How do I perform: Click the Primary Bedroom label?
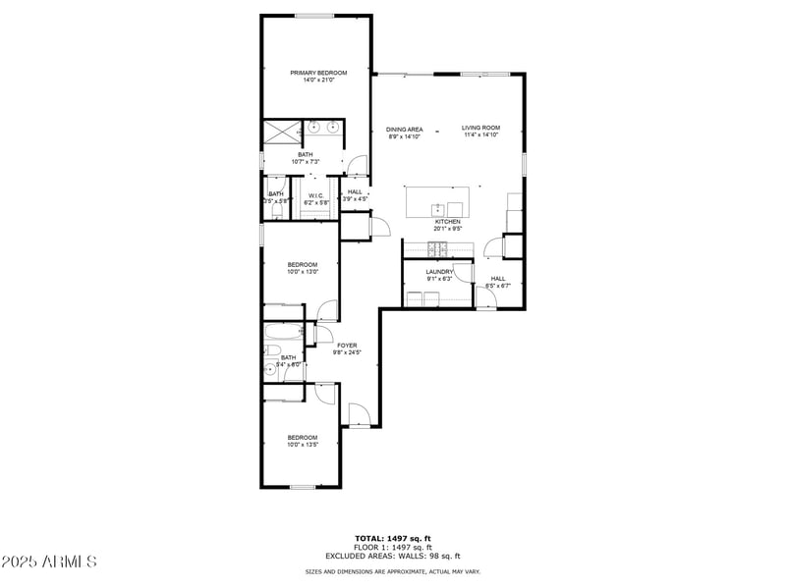[317, 73]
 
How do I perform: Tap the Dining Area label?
[404, 130]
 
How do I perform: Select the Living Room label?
[481, 128]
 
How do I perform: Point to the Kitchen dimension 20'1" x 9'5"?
[447, 229]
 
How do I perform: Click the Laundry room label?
[438, 272]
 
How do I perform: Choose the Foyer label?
[348, 345]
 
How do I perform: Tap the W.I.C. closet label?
[315, 194]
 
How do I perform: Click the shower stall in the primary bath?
[281, 129]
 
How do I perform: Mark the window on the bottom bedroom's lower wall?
[302, 487]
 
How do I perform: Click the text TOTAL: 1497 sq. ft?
[392, 538]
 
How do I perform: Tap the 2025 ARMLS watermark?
[49, 562]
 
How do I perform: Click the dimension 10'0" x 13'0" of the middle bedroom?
[302, 272]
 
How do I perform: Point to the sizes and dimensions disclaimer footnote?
[392, 571]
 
